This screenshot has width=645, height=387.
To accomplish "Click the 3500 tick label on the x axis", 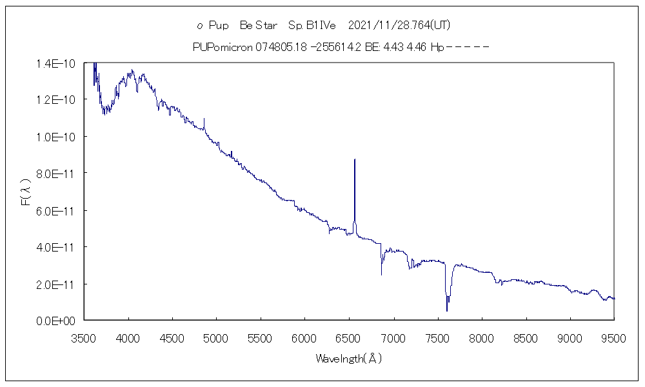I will [84, 337].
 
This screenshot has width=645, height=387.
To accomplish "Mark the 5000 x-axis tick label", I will [217, 337].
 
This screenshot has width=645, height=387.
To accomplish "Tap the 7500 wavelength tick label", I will [437, 337].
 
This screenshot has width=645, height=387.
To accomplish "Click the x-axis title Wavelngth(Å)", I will [348, 359].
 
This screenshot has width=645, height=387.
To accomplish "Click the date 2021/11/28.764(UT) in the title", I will [399, 26].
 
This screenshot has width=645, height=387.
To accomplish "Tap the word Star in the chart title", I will [266, 26].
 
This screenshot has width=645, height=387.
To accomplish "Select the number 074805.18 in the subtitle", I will [278, 47].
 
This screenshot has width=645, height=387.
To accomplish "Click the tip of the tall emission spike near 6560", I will [355, 159].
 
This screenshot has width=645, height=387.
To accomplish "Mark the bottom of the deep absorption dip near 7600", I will [447, 311].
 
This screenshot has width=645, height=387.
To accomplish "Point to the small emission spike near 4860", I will [204, 119].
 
